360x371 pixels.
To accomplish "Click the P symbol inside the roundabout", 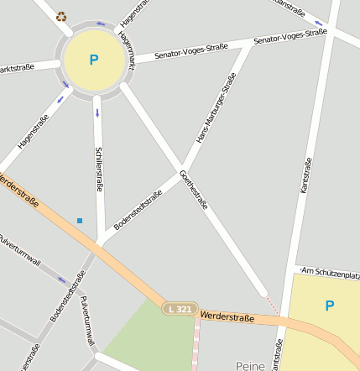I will (x=93, y=60).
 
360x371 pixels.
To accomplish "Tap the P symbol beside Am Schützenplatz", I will (x=329, y=306).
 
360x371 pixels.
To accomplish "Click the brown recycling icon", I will (x=60, y=16).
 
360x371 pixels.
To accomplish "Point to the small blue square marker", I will (x=80, y=221).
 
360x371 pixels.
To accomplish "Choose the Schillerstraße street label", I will (x=99, y=170).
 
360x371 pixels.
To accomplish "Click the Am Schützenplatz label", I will (x=330, y=273).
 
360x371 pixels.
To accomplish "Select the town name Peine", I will (x=250, y=365).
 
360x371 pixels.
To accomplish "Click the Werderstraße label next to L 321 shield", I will (x=227, y=316).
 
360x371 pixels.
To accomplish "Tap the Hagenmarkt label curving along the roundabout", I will (x=127, y=50).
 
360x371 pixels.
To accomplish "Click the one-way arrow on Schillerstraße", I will (x=97, y=112).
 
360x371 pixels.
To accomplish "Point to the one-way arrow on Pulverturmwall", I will (x=60, y=280).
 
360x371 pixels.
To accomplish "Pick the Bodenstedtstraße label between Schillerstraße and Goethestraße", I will (x=138, y=210).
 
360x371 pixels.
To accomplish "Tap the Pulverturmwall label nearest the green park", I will (x=86, y=321).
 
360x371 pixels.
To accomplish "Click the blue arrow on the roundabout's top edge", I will (x=101, y=24).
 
